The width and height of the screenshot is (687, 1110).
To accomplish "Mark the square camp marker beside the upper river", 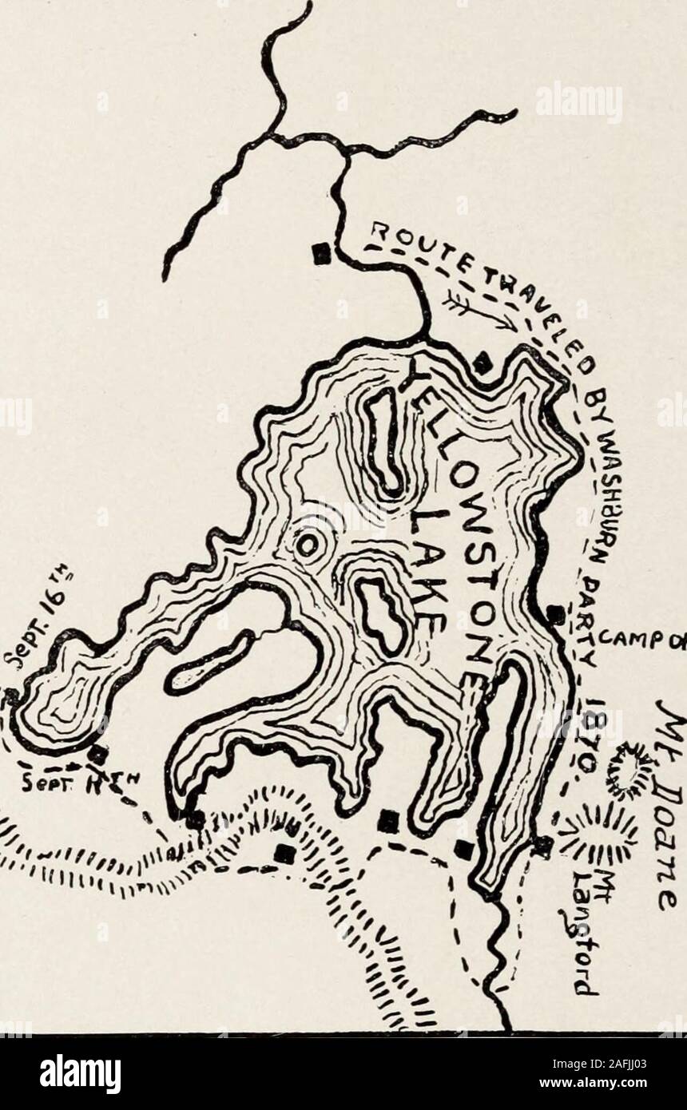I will pyautogui.click(x=320, y=253).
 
